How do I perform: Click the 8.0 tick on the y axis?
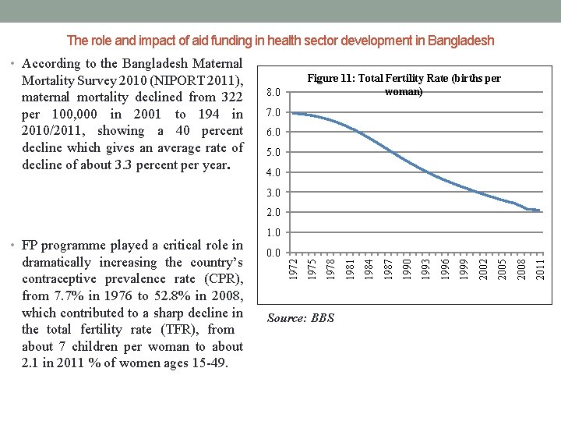point(273,93)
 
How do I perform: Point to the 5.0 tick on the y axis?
point(273,153)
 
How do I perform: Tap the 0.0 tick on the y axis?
point(273,253)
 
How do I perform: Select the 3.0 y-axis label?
point(273,193)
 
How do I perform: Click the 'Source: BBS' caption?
point(300,317)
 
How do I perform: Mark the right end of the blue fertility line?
point(540,210)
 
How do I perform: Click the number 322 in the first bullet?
point(232,97)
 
